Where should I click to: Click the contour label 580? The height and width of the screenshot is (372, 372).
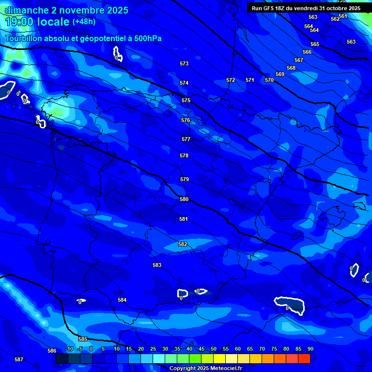coord(184,199)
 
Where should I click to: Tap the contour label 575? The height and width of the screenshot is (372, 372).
coord(186,100)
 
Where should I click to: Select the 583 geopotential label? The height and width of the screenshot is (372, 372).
coord(157,265)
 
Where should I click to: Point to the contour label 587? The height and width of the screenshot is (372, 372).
coord(19,359)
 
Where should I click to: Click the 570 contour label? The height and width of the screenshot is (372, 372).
coord(269,80)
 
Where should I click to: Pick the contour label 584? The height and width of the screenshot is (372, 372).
coord(122,300)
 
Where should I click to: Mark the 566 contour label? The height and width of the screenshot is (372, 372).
coord(307,52)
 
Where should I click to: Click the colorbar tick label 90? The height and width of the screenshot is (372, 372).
coord(310,349)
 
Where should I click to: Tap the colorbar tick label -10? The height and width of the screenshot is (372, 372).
coord(69,349)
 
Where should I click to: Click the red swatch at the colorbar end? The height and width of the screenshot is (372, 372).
coord(304,358)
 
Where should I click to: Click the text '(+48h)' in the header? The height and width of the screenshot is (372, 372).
coord(84,22)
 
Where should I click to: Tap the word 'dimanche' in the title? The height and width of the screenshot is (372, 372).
coord(27,10)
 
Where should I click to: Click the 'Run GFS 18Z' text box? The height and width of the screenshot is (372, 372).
coord(306,8)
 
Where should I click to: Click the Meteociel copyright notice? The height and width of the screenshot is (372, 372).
coord(205,368)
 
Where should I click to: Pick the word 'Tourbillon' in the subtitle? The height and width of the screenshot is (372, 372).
coord(23,39)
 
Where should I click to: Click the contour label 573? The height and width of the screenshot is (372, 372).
coord(184,63)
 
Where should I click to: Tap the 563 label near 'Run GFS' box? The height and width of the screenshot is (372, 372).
coord(313,17)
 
